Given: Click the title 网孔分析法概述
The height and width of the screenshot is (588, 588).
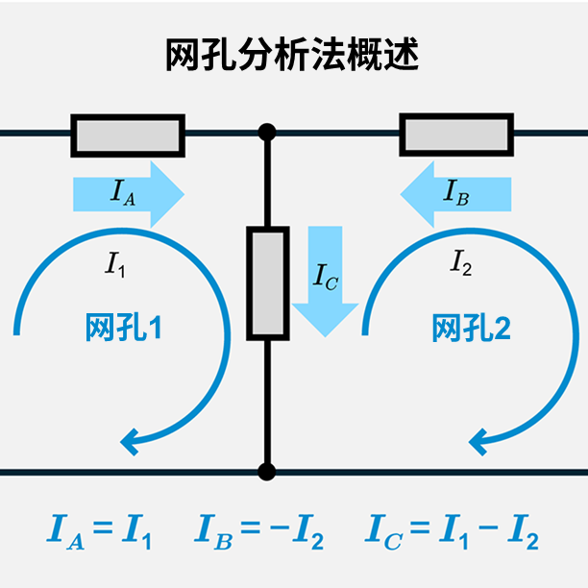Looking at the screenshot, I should tap(293, 55).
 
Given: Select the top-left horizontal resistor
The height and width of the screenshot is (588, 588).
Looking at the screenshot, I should tap(128, 135).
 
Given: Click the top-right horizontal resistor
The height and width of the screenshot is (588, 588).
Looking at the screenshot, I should tap(454, 135).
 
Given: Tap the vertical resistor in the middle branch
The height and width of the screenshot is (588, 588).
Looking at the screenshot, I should tap(267, 283).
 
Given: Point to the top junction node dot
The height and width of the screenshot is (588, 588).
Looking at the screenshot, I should tap(267, 132).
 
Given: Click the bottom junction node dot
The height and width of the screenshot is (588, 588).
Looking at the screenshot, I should tap(267, 472).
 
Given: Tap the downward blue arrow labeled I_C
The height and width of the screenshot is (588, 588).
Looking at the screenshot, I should tap(325, 279).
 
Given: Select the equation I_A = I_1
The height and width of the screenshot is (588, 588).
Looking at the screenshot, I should tap(100, 529).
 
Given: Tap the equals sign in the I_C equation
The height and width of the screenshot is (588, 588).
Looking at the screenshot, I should tap(418, 528).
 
